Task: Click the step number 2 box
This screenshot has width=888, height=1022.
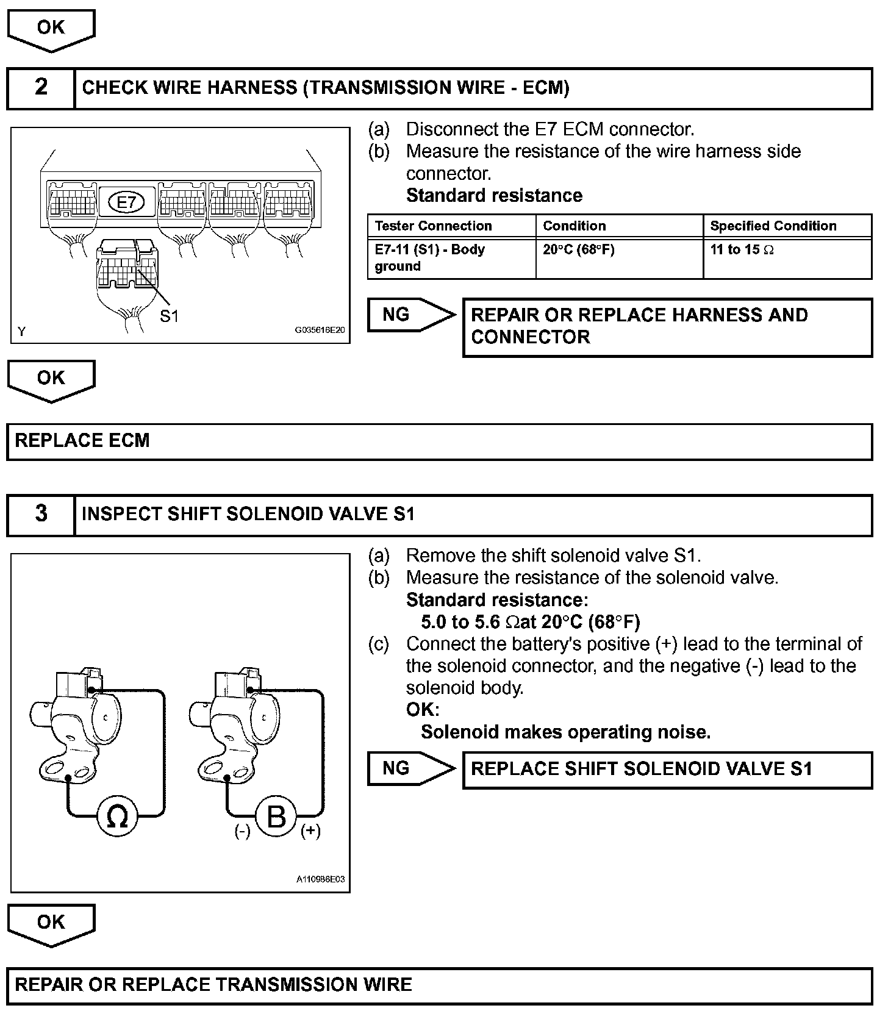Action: (x=41, y=88)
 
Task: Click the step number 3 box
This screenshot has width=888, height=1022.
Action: (x=41, y=514)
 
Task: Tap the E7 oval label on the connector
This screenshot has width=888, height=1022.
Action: (x=126, y=202)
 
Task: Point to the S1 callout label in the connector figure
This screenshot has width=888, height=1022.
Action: (x=169, y=316)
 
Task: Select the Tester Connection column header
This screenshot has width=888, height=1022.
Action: (x=433, y=226)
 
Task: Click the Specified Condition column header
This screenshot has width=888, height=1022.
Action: (x=773, y=226)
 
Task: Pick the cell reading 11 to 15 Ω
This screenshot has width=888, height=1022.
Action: (x=742, y=249)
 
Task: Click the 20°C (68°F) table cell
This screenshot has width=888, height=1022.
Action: (x=578, y=249)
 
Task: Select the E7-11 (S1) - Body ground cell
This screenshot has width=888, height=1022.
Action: (x=429, y=258)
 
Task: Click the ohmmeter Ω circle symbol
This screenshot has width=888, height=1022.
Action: (x=118, y=817)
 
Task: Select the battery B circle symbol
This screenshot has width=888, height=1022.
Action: (x=276, y=816)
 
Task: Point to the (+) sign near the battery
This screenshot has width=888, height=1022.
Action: (x=310, y=831)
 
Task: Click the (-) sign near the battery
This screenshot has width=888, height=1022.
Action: (x=243, y=831)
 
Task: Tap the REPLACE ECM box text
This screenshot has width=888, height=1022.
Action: (x=82, y=441)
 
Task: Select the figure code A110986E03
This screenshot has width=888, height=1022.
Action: (x=321, y=879)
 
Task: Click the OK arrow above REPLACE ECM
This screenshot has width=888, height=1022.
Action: (x=51, y=379)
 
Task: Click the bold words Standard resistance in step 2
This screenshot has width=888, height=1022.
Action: (x=494, y=196)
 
